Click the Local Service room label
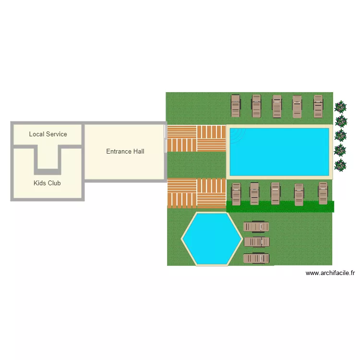48,134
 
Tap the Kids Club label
47,183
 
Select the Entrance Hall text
125,151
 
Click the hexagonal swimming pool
211,239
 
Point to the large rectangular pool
279,151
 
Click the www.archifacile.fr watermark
330,273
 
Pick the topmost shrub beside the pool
341,107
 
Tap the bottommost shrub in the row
340,166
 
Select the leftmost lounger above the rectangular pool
235,106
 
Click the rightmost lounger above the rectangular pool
318,106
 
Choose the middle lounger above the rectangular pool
277,106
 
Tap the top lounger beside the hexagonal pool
256,227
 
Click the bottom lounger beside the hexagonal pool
256,258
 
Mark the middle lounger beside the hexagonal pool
256,242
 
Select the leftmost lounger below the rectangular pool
236,193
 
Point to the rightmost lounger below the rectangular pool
323,193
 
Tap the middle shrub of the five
341,136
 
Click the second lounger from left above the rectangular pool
256,106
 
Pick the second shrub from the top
341,121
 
